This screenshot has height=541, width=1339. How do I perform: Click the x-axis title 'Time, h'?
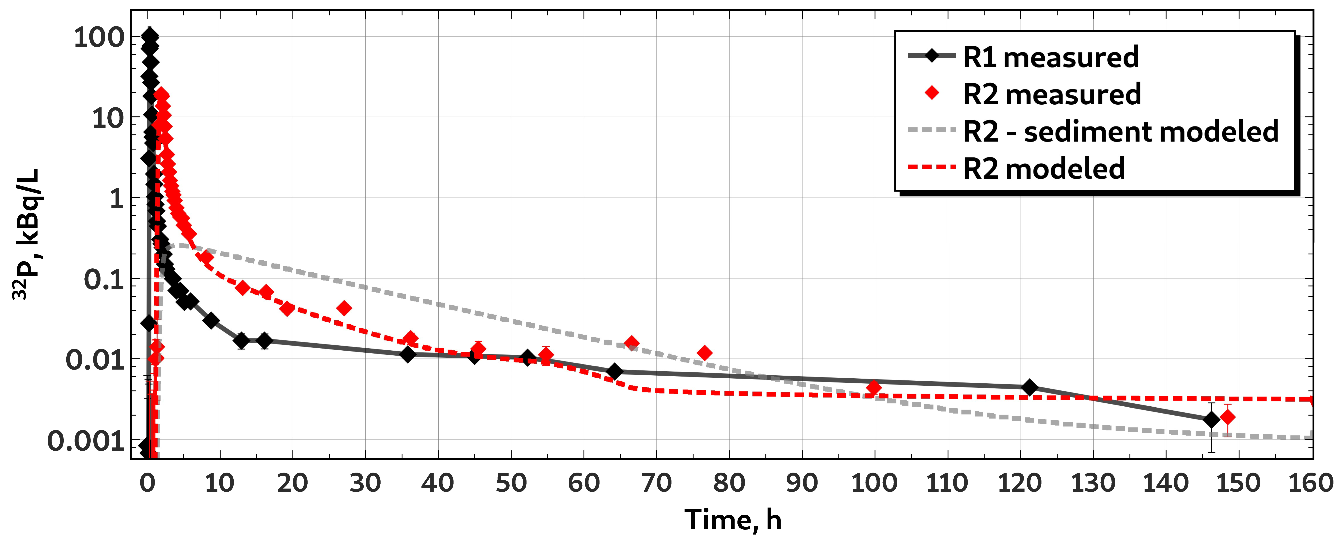pos(733,519)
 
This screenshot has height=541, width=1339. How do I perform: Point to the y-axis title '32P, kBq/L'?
pos(26,234)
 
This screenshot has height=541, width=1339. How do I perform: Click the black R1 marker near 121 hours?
pos(1029,387)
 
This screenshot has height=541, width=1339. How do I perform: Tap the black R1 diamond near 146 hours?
pos(1211,419)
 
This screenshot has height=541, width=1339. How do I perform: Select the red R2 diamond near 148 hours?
pos(1227,417)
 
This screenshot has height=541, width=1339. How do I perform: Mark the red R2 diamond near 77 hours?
pos(705,353)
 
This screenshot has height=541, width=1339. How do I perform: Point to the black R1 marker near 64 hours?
pos(614,371)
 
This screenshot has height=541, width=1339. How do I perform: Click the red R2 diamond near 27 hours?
pos(344,308)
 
